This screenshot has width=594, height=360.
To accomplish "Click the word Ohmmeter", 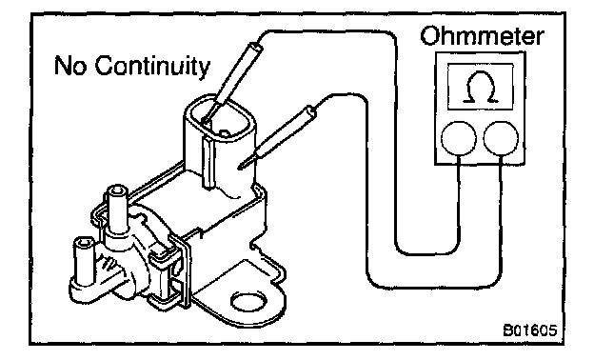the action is [x=482, y=36].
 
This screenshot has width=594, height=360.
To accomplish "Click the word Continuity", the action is [x=152, y=66].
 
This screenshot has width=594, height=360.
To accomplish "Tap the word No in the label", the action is [x=70, y=65].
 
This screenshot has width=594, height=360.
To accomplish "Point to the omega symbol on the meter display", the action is [x=481, y=88].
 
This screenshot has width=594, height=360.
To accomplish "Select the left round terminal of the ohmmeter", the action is [x=459, y=138].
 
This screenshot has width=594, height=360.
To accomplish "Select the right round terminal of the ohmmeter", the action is [x=501, y=138].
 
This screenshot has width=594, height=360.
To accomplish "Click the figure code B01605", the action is [x=530, y=330].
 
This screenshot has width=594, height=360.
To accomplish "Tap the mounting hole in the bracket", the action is [x=248, y=302].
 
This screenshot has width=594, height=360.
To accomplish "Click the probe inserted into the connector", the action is [x=231, y=84].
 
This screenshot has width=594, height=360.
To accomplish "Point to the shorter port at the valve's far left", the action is [x=84, y=262].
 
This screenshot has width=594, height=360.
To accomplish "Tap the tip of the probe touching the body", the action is [x=240, y=167].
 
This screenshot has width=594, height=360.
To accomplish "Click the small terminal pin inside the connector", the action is [x=225, y=133].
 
